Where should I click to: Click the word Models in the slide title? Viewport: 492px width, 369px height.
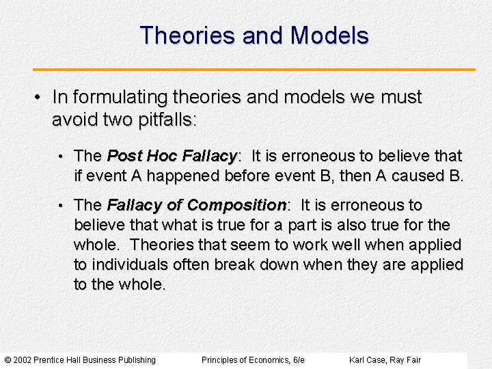tap(329, 36)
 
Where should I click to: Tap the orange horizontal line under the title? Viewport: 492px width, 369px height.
tap(254, 69)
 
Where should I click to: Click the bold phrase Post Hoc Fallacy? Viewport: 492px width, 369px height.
tap(172, 156)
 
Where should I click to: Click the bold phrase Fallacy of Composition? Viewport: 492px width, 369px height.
tap(196, 206)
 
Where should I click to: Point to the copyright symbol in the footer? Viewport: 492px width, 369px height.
tap(8, 360)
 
